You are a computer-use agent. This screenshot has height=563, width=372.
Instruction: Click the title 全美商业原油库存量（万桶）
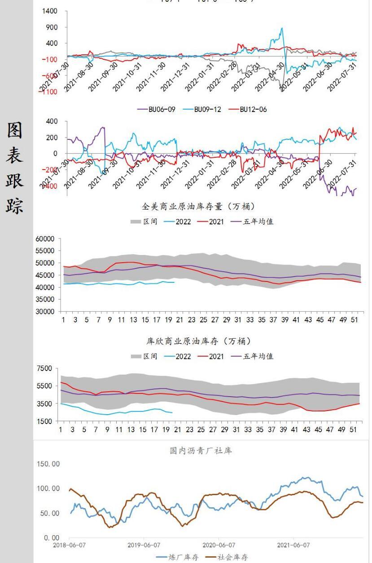pos(198,207)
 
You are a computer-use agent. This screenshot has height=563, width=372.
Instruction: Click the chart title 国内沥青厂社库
pos(201,451)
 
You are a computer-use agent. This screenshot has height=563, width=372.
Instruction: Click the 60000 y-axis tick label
pos(45,239)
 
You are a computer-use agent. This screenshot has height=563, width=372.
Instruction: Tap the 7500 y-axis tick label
pos(45,369)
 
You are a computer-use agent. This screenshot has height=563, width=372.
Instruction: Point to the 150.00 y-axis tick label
pos(48,464)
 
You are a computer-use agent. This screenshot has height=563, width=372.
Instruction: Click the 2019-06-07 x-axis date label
pos(144,545)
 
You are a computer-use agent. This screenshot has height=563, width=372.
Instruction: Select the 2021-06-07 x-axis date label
pos(293,545)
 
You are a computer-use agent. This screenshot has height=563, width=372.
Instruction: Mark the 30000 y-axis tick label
pos(45,312)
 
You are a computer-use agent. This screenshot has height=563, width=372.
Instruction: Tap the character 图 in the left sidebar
pos(15,131)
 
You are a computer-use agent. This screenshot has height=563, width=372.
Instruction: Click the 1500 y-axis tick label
pos(45,421)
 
